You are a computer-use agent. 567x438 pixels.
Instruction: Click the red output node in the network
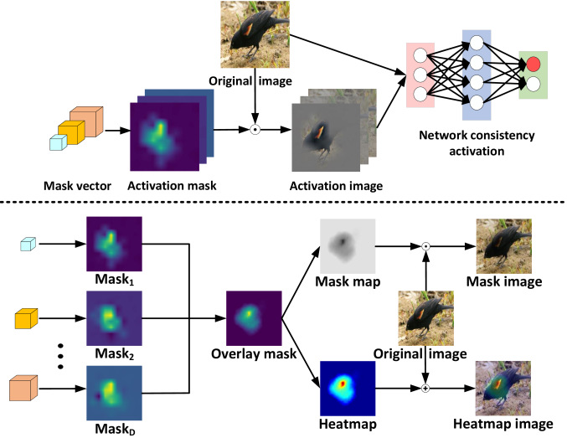[533, 64]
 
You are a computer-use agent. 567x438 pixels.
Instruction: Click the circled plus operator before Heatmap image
[426, 389]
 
